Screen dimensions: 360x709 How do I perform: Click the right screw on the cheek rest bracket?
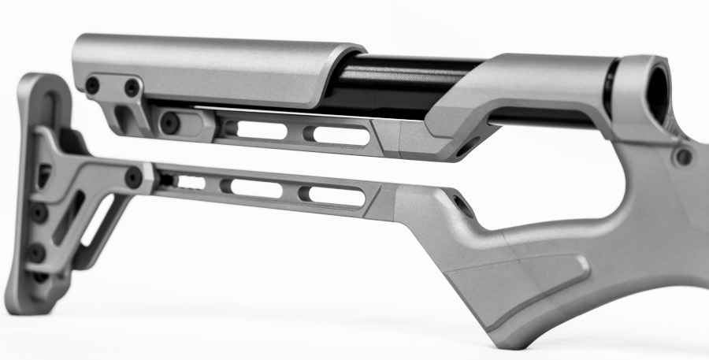pos(132,87)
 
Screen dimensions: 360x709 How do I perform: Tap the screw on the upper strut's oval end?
pos(169,123)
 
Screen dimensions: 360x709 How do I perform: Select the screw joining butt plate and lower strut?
pos(133,176)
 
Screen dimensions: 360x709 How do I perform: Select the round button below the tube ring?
pos(682,156)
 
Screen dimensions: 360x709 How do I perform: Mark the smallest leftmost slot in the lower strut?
pos(190,183)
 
